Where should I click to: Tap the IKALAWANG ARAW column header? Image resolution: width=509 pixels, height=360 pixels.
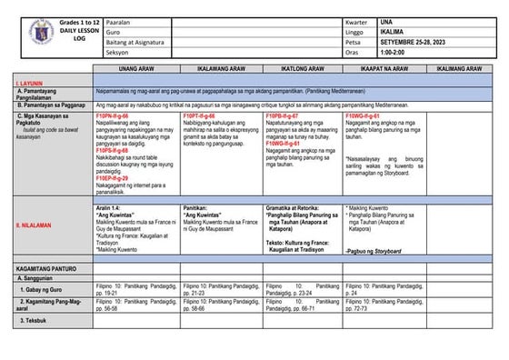point(221,68)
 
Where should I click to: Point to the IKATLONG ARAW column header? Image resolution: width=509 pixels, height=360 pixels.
point(304,68)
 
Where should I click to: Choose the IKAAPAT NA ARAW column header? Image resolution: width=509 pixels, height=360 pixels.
point(384,68)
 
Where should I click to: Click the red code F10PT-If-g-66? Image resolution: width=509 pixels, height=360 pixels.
point(199,117)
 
